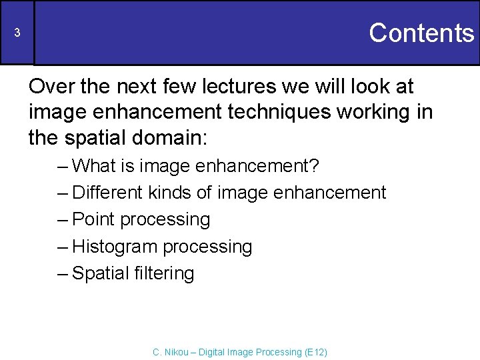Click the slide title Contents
[x=421, y=33]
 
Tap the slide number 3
[x=18, y=33]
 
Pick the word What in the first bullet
[x=93, y=165]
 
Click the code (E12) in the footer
[x=315, y=352]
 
